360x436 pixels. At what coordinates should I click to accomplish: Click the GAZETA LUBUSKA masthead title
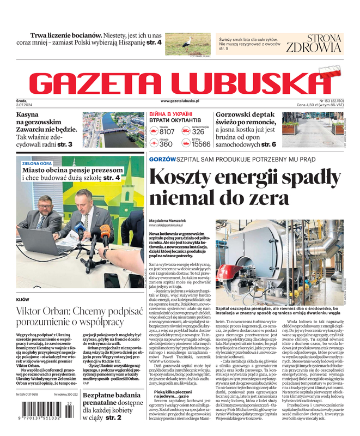180,81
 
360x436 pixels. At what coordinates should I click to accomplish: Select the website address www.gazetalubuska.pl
180,101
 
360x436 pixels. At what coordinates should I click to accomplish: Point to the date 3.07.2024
25,105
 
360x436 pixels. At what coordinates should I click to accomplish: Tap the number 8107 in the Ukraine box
167,132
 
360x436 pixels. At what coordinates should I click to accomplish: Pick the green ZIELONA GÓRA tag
37,162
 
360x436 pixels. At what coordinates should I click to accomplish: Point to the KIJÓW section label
23,300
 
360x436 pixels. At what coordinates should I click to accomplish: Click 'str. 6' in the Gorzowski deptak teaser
269,144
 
